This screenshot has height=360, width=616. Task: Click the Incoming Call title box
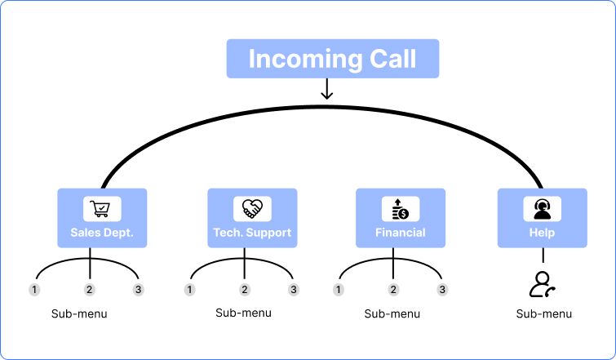(332, 59)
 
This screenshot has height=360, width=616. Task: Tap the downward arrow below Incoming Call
(327, 89)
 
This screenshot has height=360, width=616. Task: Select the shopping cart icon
(102, 209)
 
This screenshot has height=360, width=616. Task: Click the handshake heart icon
(251, 209)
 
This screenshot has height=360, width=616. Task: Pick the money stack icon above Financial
(401, 209)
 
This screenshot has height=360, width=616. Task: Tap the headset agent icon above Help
(542, 209)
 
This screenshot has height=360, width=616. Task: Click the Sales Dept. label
(102, 233)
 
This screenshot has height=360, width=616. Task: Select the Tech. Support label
(251, 233)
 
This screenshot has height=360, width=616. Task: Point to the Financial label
(401, 233)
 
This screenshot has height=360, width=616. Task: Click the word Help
(542, 233)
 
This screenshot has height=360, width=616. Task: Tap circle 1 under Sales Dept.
(34, 290)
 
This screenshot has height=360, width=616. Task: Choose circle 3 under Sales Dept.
(139, 290)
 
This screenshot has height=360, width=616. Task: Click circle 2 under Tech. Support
(244, 290)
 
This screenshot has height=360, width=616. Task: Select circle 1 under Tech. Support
(190, 290)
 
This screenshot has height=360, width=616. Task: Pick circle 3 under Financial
(442, 290)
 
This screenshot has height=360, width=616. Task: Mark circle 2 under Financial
(393, 290)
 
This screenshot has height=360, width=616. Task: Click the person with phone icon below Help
(542, 283)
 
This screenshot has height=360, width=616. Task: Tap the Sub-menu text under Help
(544, 313)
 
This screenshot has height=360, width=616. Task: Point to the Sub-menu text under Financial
(392, 313)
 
